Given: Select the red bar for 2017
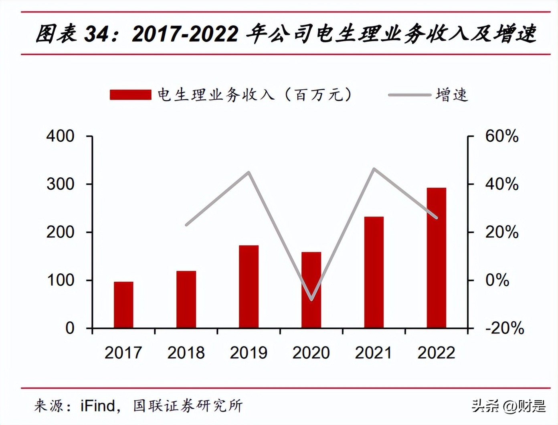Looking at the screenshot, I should (123, 305).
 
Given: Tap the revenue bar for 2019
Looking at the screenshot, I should (249, 287).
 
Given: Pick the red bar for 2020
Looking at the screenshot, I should (311, 290).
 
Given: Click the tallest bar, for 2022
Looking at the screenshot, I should (436, 258).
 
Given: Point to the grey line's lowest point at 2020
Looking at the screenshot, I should (311, 299).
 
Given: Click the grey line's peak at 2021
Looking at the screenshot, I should (374, 169).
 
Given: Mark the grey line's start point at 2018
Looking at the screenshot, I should (186, 225).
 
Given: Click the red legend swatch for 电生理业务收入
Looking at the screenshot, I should (130, 95).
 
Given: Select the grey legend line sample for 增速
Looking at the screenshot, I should (409, 95).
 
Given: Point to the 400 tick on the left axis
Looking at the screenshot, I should (61, 136).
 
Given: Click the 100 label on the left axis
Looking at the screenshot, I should (61, 280).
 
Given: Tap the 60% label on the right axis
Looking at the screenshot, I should (501, 136).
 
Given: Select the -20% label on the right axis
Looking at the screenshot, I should (504, 328).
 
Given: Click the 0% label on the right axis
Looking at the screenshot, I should (497, 280).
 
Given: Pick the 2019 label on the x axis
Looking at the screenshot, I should (249, 353).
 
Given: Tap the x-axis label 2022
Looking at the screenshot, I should (436, 353).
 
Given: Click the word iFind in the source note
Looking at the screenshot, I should (97, 406).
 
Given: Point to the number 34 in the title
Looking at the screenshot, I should (96, 34).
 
